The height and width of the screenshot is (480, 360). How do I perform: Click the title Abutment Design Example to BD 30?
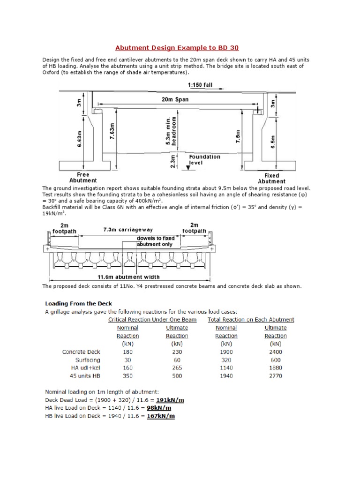[x=180, y=48]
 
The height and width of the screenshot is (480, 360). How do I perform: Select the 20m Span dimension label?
[x=175, y=99]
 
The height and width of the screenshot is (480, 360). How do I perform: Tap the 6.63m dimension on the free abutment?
[x=79, y=138]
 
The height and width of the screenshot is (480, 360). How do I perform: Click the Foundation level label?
[x=205, y=160]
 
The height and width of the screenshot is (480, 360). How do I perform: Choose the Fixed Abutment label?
[x=271, y=179]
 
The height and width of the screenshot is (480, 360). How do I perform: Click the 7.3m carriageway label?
[x=128, y=230]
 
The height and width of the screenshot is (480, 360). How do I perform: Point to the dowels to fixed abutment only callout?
[x=154, y=241]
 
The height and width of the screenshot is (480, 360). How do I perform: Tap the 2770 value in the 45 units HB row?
[x=275, y=375]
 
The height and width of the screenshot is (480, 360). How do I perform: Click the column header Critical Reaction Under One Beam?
[x=155, y=320]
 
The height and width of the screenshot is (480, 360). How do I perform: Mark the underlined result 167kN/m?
[x=160, y=416]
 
